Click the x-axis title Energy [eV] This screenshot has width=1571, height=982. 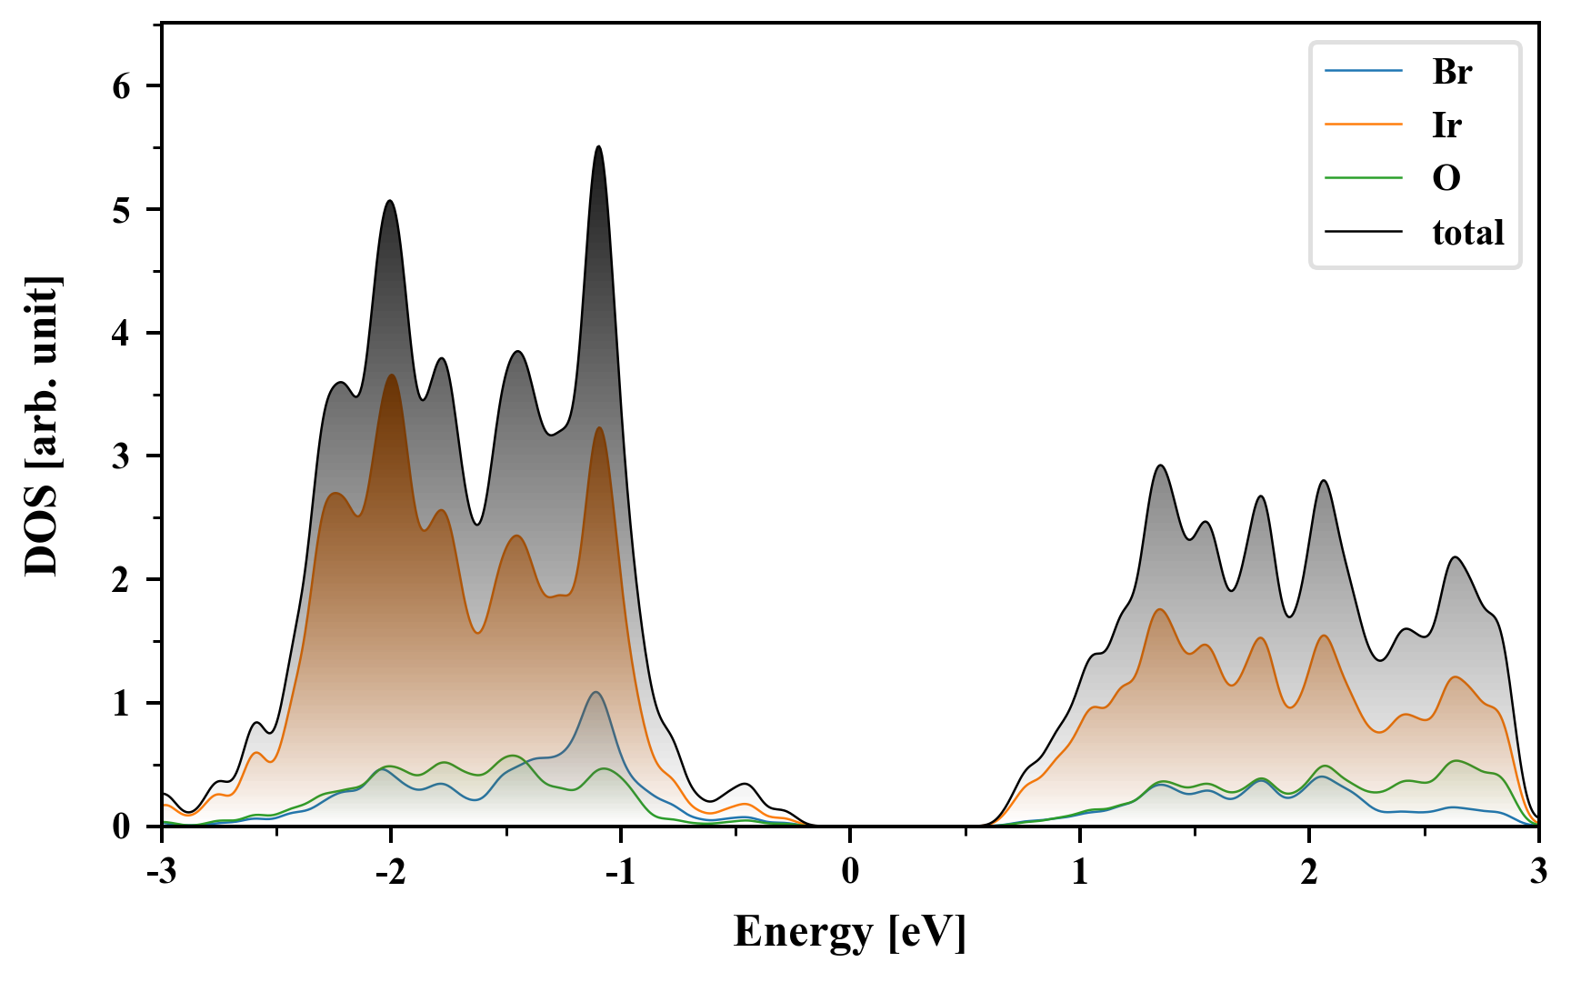click(x=850, y=932)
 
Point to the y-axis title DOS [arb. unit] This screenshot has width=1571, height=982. click(x=42, y=426)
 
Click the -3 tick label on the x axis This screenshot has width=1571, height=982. click(x=162, y=871)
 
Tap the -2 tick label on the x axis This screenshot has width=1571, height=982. click(x=391, y=871)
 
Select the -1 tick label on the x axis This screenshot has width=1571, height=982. click(x=620, y=871)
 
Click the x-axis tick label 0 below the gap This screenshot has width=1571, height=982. click(x=850, y=871)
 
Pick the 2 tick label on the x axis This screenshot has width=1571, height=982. click(x=1309, y=871)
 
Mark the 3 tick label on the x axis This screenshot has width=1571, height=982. click(x=1538, y=871)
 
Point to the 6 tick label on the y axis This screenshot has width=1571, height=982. click(x=122, y=86)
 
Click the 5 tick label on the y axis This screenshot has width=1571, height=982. click(x=122, y=210)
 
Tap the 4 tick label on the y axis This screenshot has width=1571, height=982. click(x=122, y=334)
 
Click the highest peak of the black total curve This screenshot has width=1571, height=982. click(x=598, y=146)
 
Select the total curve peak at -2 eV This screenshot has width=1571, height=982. click(x=390, y=201)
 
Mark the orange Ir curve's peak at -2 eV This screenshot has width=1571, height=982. click(x=392, y=375)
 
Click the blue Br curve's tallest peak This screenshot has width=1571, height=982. click(x=595, y=693)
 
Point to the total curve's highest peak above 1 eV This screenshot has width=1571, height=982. click(x=1160, y=466)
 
